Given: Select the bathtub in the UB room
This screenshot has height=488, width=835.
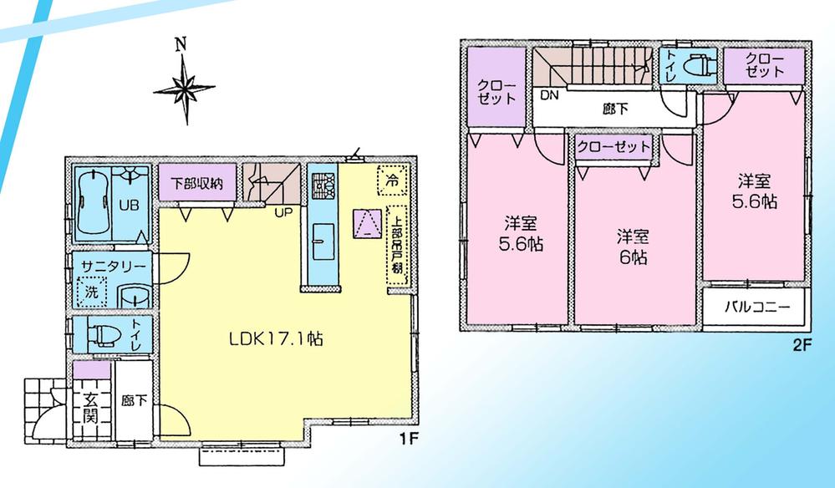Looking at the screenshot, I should [x=93, y=203].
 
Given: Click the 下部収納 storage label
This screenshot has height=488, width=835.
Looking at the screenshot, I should [x=197, y=184].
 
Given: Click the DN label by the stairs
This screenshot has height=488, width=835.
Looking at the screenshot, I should [x=547, y=96].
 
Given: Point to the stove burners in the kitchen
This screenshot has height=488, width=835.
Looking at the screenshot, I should [x=323, y=185].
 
